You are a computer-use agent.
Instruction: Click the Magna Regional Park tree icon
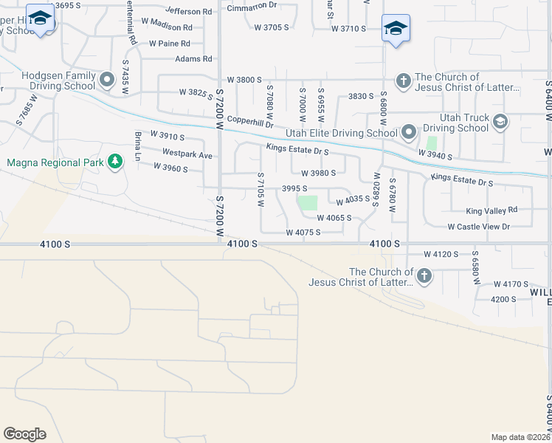click(114, 162)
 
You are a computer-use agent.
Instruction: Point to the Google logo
click(24, 434)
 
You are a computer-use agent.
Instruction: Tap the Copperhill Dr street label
click(250, 119)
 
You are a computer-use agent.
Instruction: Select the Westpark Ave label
click(187, 156)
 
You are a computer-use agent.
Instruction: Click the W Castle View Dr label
click(478, 227)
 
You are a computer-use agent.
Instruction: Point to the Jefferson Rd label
click(188, 11)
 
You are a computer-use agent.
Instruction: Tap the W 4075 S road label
click(303, 233)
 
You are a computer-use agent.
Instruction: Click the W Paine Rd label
click(170, 44)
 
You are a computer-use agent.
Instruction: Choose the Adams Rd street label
click(193, 58)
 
